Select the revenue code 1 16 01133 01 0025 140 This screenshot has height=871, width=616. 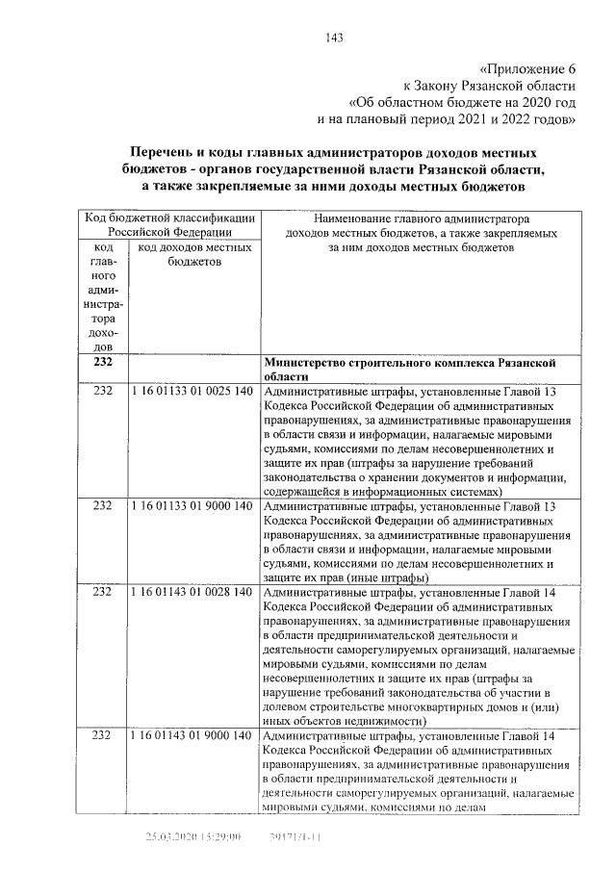click(191, 393)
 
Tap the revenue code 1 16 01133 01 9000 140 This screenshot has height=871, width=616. click(191, 505)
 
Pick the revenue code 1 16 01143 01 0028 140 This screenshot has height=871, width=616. click(191, 592)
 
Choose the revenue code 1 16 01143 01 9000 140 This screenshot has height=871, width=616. click(191, 735)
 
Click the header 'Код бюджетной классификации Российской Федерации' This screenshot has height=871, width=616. click(168, 224)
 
